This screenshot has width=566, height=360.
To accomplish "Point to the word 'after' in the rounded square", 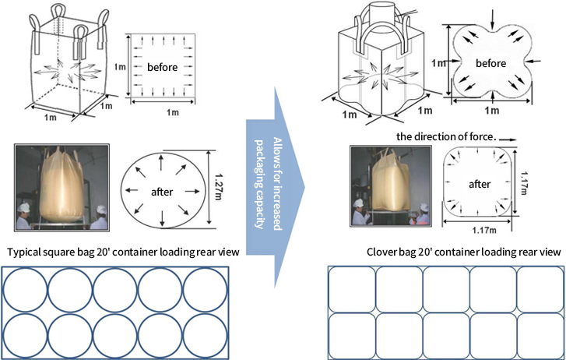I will [x=479, y=185].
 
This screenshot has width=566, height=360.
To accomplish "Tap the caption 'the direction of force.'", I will [x=445, y=136].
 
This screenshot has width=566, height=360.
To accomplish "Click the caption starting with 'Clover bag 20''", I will [x=463, y=252].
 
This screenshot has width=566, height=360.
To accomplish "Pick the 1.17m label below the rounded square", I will [x=479, y=231].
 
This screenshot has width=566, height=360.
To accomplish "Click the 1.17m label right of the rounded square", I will [x=529, y=184].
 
